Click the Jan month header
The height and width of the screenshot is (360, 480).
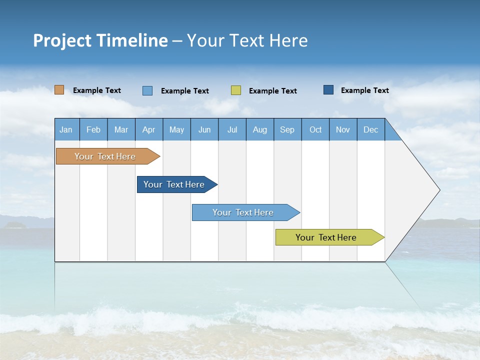point(66,129)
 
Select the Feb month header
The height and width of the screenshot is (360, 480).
point(93,129)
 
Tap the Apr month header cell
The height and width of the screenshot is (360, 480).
point(149,129)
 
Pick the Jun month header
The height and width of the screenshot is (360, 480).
point(204,129)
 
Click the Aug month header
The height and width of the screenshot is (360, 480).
point(260,129)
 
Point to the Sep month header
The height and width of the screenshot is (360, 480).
point(287,129)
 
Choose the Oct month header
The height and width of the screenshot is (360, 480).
point(315,129)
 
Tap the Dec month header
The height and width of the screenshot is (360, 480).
point(371,129)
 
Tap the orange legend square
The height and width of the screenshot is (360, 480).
point(59,90)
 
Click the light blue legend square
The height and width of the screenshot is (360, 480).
point(147,90)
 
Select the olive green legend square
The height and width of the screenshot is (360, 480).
point(236,90)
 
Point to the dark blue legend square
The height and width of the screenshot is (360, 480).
point(328,90)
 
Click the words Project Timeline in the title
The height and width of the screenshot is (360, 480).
point(100,40)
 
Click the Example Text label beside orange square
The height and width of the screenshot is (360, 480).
point(97,90)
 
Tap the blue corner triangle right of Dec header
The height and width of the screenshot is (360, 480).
point(390,133)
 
